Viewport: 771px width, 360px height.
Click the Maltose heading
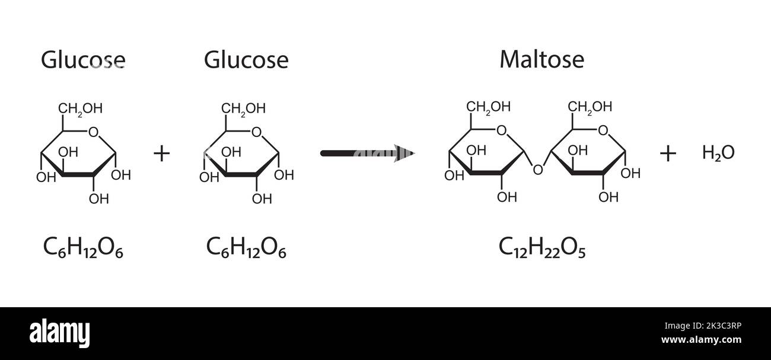point(541,59)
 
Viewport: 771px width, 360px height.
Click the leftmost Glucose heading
point(83,60)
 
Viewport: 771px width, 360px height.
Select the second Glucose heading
point(246,60)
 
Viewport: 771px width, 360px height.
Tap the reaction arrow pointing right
point(367,154)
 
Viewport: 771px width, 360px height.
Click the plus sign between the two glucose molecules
point(161,154)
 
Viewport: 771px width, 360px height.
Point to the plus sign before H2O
point(668,154)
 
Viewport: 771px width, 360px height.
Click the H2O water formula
point(718,153)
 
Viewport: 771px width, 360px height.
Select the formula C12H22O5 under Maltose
point(542,247)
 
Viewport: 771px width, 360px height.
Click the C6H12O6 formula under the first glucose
point(83,247)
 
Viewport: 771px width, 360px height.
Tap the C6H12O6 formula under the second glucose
point(246,247)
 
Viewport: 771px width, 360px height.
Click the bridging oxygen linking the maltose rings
point(537,170)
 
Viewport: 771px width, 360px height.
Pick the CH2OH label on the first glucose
point(80,109)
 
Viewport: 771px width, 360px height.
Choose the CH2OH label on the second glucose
point(243,109)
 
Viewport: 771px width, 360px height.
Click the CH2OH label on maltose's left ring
point(488,107)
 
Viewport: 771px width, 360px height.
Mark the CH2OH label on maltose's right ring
point(590,107)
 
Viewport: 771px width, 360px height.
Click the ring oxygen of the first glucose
point(93,132)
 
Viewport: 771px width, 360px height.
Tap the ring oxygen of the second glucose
point(256,132)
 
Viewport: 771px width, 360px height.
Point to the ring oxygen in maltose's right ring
point(603,130)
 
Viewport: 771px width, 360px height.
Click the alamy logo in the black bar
point(60,333)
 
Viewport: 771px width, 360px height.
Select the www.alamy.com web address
point(701,340)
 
